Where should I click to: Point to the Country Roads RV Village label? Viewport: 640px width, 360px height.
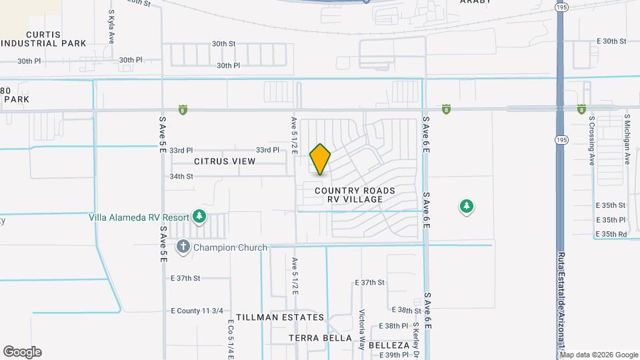point(355,195)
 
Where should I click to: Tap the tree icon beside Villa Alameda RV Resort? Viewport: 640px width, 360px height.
point(199,216)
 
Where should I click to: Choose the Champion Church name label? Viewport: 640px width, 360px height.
point(230,247)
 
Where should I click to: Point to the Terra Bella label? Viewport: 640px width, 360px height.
point(320,338)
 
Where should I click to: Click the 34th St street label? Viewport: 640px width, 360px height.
point(181,177)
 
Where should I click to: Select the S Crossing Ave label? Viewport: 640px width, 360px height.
point(591,141)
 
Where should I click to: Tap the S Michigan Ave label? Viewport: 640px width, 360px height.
point(627,139)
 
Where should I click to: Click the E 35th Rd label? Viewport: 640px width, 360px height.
point(611,234)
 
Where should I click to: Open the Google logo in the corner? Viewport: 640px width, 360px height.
point(22,351)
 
